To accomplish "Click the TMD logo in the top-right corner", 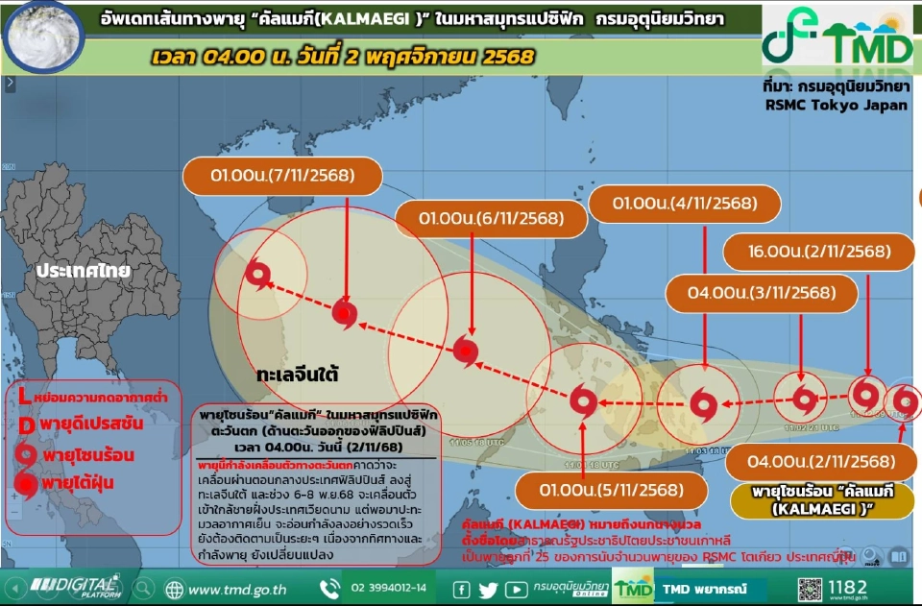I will [837, 36].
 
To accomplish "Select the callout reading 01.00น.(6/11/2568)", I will [490, 219].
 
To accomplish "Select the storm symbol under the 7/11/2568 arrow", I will [345, 312].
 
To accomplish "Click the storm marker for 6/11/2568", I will [465, 350].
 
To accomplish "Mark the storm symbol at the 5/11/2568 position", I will [583, 400].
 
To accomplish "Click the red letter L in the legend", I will [23, 396].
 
